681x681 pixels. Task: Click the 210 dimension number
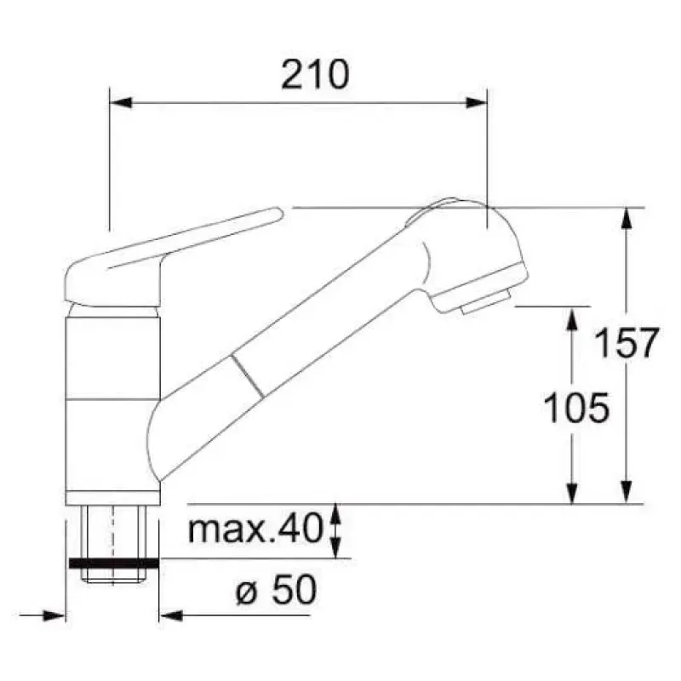(315, 75)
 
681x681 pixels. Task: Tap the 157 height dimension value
(627, 343)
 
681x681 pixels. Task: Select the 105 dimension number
(576, 408)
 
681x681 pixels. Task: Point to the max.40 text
(256, 529)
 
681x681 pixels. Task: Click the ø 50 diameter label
(276, 589)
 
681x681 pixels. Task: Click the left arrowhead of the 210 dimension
(121, 103)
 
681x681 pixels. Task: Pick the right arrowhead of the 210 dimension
(476, 103)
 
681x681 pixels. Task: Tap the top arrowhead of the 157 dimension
(626, 219)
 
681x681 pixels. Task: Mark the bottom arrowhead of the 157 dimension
(626, 493)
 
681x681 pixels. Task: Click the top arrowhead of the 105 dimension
(572, 318)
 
